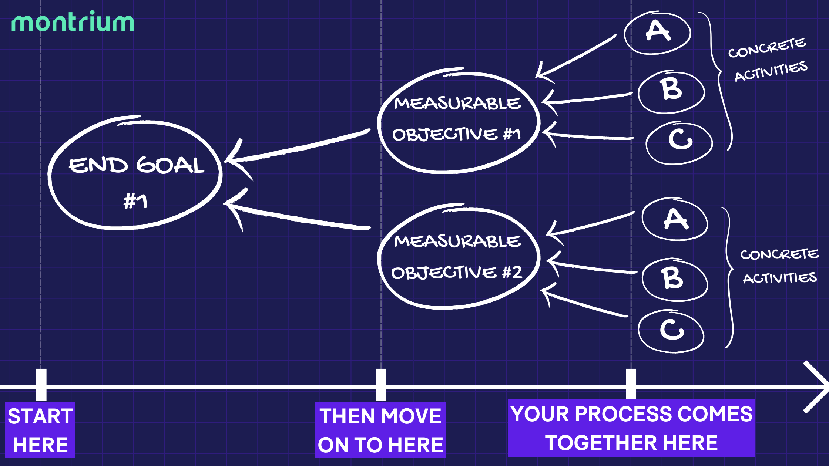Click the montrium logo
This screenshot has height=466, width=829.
(x=73, y=23)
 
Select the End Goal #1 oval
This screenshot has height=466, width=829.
(x=135, y=174)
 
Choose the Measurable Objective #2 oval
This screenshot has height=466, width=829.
(x=458, y=257)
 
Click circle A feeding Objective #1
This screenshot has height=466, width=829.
(x=658, y=33)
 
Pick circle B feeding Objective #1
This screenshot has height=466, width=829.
(x=671, y=91)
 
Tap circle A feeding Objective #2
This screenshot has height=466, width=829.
(x=675, y=219)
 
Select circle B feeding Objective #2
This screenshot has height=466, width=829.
(x=674, y=280)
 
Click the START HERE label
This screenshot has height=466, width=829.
(x=40, y=430)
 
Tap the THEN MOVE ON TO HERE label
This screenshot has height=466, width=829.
(x=380, y=430)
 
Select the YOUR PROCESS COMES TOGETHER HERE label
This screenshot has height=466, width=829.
(x=631, y=428)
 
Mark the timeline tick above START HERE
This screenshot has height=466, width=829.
(x=41, y=385)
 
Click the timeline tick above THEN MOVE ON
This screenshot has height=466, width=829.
(x=381, y=385)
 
